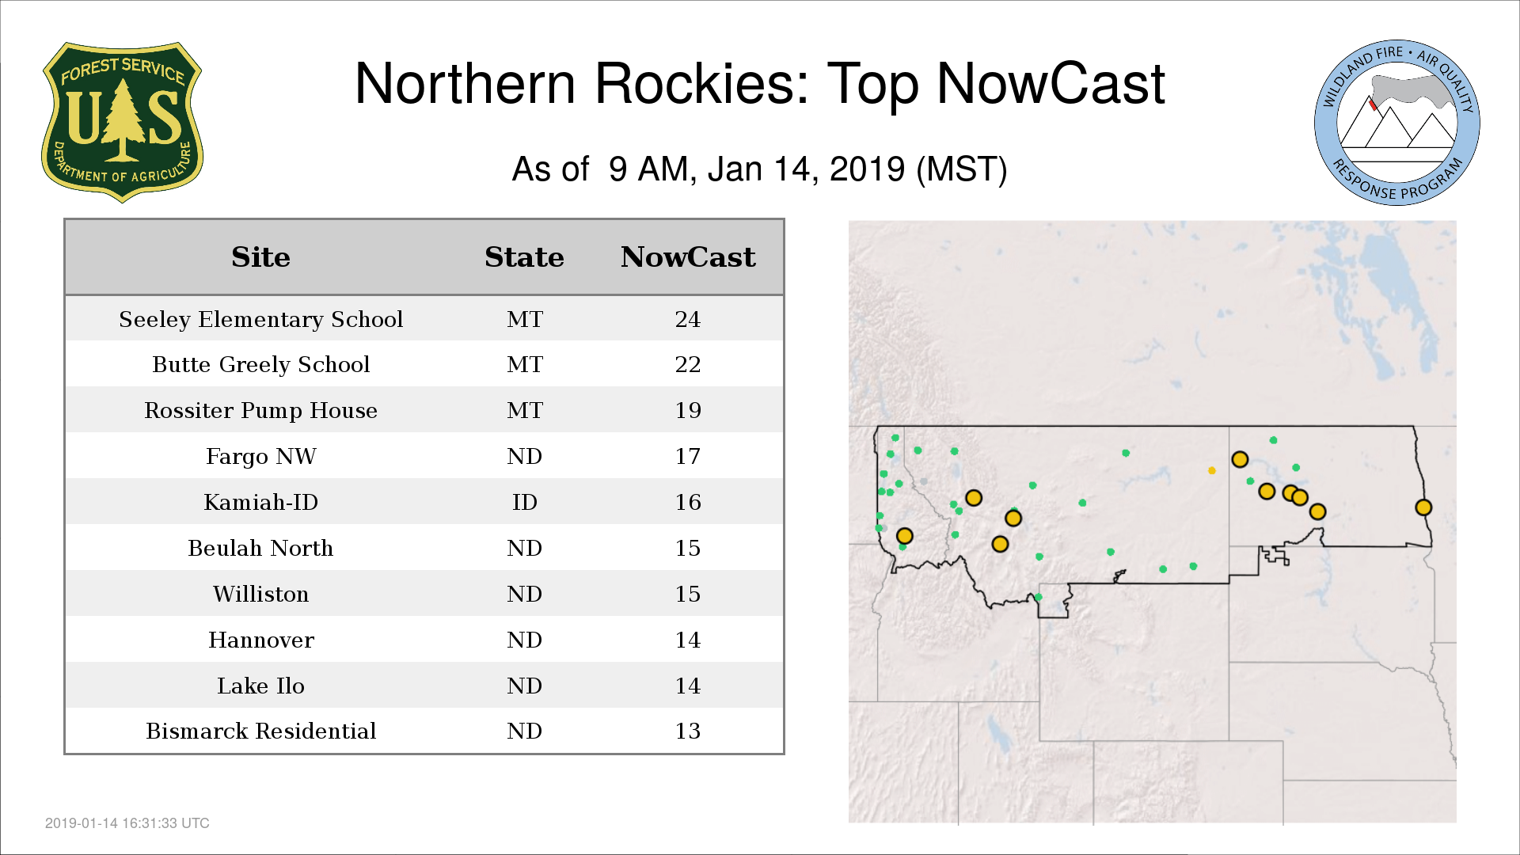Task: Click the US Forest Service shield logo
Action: (x=122, y=123)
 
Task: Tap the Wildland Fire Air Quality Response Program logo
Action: (x=1397, y=123)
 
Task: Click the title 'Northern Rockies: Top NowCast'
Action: (x=760, y=84)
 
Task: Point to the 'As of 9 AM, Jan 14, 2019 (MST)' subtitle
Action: (x=759, y=169)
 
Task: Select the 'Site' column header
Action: (x=260, y=257)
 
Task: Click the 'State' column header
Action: (x=524, y=257)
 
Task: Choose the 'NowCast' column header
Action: (x=688, y=257)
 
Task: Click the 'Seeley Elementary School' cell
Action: (x=261, y=319)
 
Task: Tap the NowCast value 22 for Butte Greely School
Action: (x=688, y=364)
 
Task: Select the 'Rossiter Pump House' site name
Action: (x=261, y=410)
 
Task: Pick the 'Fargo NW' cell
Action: (x=261, y=456)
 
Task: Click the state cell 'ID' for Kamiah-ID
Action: (x=525, y=502)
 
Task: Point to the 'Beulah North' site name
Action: (x=260, y=548)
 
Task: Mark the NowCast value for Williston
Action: (x=688, y=594)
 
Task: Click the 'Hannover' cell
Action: (x=261, y=640)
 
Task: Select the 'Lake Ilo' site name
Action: (x=261, y=686)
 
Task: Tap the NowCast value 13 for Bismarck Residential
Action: (x=688, y=731)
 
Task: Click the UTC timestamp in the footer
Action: (x=127, y=823)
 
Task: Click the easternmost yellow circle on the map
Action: (x=1423, y=507)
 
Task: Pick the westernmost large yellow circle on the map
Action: (x=905, y=536)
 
